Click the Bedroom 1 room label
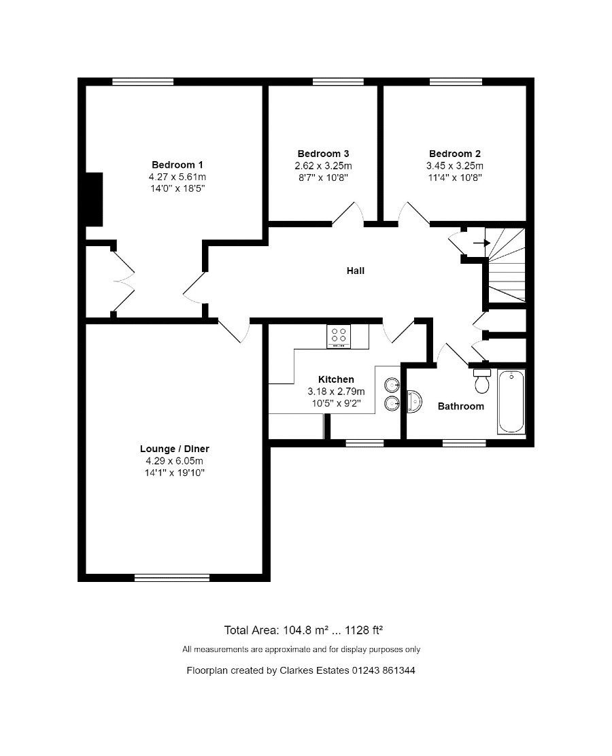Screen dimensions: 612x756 [177, 165]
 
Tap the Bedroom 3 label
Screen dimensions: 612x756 [323, 154]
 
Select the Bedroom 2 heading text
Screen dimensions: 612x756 [455, 154]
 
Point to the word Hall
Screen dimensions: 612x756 [356, 271]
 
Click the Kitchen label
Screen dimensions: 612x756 [336, 379]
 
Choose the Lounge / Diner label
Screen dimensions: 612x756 [175, 449]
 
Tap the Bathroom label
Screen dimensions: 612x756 [460, 406]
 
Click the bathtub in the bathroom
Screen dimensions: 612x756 [511, 402]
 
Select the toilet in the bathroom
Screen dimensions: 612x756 [482, 381]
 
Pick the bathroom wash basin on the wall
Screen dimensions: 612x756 [414, 402]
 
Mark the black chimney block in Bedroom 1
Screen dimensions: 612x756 [94, 199]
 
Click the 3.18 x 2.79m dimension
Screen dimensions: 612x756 [336, 392]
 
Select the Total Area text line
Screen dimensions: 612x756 [303, 630]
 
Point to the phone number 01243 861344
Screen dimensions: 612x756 [384, 670]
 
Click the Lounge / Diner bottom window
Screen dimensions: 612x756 [172, 577]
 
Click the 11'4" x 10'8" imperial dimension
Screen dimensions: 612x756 [455, 177]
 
